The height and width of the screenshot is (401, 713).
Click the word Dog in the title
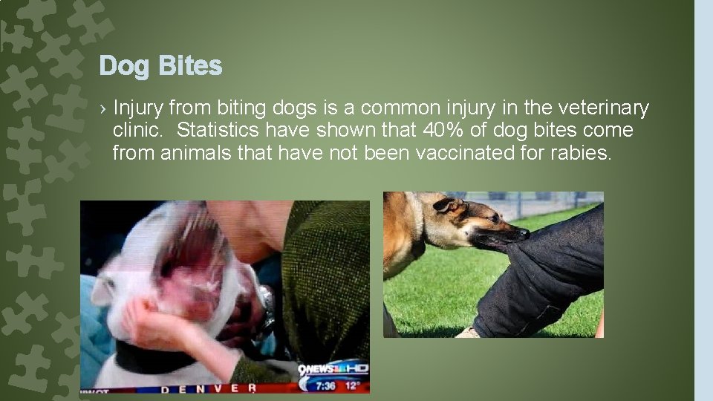pos(123,67)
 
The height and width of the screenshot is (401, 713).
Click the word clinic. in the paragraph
pos(137,131)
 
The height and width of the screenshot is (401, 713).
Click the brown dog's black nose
pos(524,233)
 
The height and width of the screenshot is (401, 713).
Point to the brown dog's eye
pos(475,218)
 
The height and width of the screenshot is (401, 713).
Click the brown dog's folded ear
pos(446,204)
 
